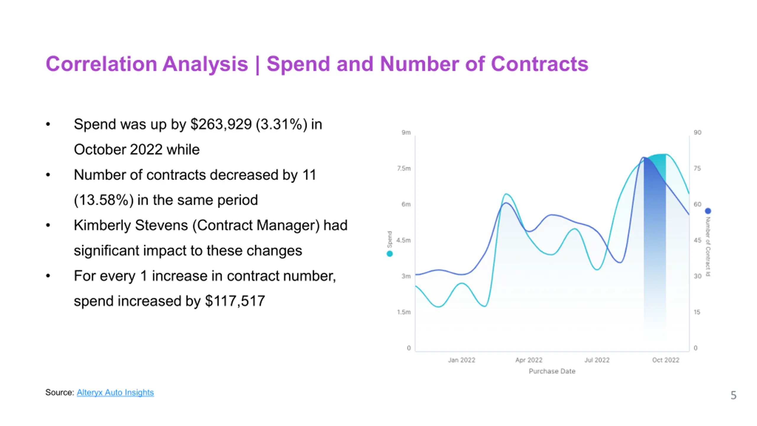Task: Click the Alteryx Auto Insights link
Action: point(115,392)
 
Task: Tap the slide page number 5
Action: point(733,395)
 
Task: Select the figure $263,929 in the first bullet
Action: point(221,124)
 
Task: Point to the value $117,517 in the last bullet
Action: point(235,301)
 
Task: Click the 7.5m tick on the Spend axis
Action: point(404,168)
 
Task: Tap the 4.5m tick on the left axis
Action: point(404,240)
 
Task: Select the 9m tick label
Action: point(406,133)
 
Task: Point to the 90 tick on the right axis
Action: point(698,133)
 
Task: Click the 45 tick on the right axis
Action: point(698,240)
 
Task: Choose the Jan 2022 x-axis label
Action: point(461,360)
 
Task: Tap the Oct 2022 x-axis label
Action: point(666,360)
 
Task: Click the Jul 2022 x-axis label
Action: point(597,360)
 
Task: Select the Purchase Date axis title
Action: point(552,371)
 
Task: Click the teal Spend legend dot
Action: point(390,254)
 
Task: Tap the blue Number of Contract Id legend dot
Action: point(708,211)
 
